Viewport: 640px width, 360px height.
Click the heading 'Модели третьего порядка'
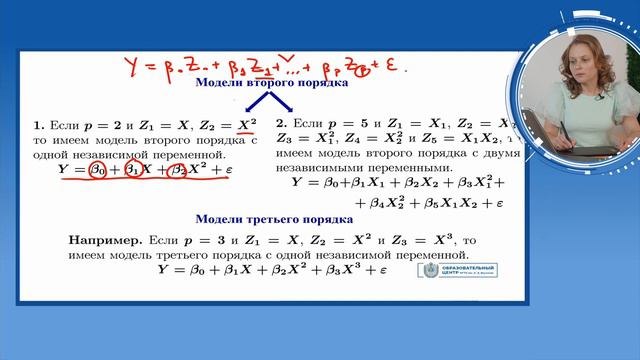pyautogui.click(x=273, y=219)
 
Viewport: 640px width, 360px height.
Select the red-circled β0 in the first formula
pyautogui.click(x=91, y=171)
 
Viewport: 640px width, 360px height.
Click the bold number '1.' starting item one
pyautogui.click(x=39, y=127)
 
